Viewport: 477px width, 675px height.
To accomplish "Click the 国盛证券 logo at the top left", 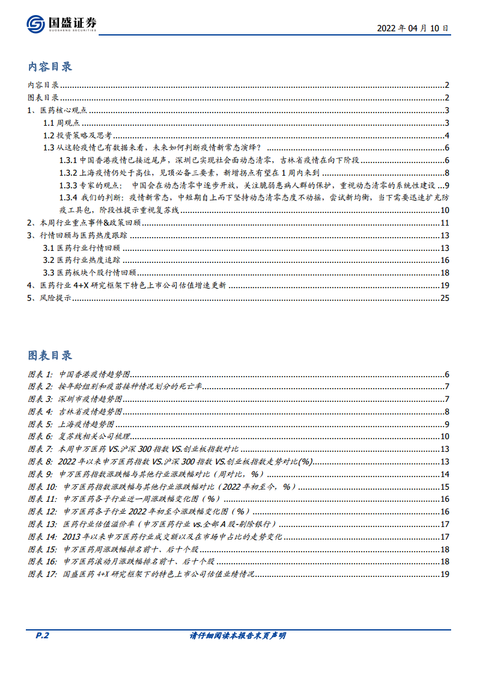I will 61,24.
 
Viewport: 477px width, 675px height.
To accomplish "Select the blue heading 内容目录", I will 50,67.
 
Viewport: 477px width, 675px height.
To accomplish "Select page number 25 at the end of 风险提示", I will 445,298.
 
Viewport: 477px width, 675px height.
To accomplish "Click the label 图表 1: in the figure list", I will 40,374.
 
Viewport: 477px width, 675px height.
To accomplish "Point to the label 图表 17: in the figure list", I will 42,575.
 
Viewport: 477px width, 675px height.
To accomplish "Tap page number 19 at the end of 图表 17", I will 445,575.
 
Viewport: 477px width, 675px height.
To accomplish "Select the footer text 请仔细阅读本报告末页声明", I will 238,636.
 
